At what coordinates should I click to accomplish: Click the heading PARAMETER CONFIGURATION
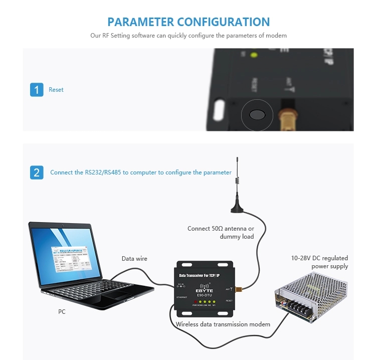pos(189,22)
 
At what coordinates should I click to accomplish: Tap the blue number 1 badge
pos(37,90)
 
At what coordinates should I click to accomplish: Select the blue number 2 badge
pos(37,172)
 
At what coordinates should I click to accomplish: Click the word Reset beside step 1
pos(56,90)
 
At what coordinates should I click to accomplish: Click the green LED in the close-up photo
pos(254,55)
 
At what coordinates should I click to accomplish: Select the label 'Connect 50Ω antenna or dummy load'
pos(221,232)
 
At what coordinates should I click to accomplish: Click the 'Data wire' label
pos(134,259)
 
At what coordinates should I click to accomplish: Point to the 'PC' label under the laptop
pos(62,311)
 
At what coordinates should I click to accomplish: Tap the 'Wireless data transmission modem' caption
pos(223,324)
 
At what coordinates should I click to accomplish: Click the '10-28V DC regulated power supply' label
pos(319,262)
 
